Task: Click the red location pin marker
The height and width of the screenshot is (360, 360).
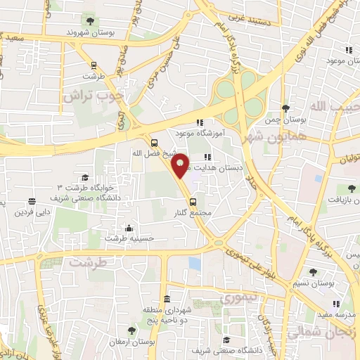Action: coord(181,165)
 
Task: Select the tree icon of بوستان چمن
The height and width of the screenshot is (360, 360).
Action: coord(285,108)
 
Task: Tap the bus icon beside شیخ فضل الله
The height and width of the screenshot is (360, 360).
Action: coord(155,143)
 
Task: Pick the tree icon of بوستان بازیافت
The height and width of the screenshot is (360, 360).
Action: coord(349,188)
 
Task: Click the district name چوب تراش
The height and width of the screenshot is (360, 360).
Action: coord(99,95)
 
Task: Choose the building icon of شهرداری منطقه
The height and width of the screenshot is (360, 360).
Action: coord(166,298)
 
